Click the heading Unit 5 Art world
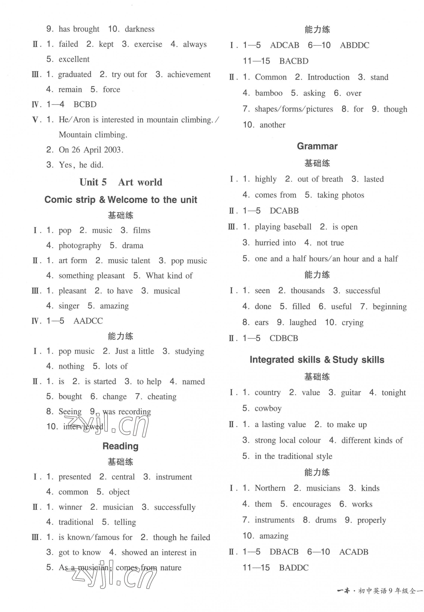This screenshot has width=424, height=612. pos(121,182)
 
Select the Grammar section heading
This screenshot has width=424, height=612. pos(317,146)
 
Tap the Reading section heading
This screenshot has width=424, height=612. pos(120,446)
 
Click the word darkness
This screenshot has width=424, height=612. pos(139,29)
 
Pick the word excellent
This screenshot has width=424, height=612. pos(74,59)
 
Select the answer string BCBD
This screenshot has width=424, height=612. pos(85,104)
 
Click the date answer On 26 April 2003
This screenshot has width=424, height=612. pos(91,150)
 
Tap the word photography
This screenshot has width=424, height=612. pos(80,246)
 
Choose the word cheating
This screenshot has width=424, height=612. pos(162,397)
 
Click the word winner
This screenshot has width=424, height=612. pos(70,507)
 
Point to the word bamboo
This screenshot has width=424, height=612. pos(269,93)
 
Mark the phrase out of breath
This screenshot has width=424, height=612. pos(320,179)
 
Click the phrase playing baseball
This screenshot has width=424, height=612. pos(283,227)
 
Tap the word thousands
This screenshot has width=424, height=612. pos(307,291)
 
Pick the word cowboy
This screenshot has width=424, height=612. pos(268,408)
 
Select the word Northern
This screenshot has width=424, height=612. pos(270,488)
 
